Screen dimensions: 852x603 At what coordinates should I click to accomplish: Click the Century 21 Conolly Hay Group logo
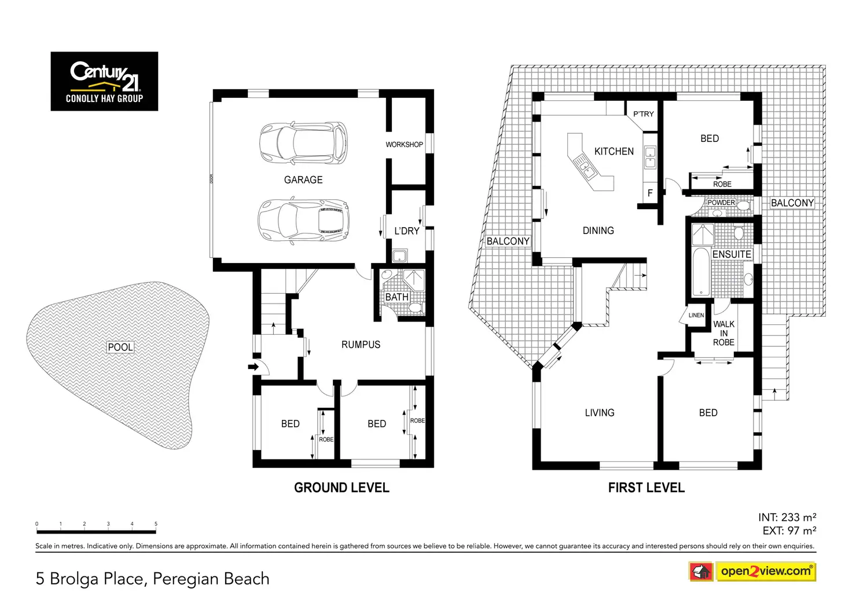point(104,81)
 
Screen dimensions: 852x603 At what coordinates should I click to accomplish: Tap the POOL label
point(120,347)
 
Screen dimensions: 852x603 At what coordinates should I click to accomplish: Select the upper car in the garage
point(303,143)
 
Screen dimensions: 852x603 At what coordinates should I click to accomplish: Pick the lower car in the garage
point(303,221)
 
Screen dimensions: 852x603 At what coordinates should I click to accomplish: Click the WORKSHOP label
point(404,145)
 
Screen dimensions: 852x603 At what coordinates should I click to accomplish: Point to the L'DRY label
point(406,231)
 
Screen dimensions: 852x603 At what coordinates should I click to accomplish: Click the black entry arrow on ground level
point(254,367)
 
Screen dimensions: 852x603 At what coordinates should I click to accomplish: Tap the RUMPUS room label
point(361,345)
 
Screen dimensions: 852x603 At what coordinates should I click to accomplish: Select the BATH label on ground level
point(396,297)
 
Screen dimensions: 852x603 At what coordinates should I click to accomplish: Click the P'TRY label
point(643,114)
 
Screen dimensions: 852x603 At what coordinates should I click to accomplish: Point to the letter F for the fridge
point(650,193)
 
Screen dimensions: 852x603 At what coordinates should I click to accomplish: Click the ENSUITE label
point(732,254)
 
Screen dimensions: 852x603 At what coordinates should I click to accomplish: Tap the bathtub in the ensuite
point(700,272)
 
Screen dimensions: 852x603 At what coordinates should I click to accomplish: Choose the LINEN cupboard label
point(696,315)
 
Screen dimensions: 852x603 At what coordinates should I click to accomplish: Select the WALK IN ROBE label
point(724,333)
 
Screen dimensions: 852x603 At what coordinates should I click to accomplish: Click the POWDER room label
point(721,203)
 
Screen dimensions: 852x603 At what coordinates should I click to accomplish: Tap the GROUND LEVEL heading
point(341,488)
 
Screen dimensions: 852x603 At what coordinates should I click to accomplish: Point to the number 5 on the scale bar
point(156,524)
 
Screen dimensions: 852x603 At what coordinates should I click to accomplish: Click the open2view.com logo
point(752,571)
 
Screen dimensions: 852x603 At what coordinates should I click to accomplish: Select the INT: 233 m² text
point(787,517)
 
